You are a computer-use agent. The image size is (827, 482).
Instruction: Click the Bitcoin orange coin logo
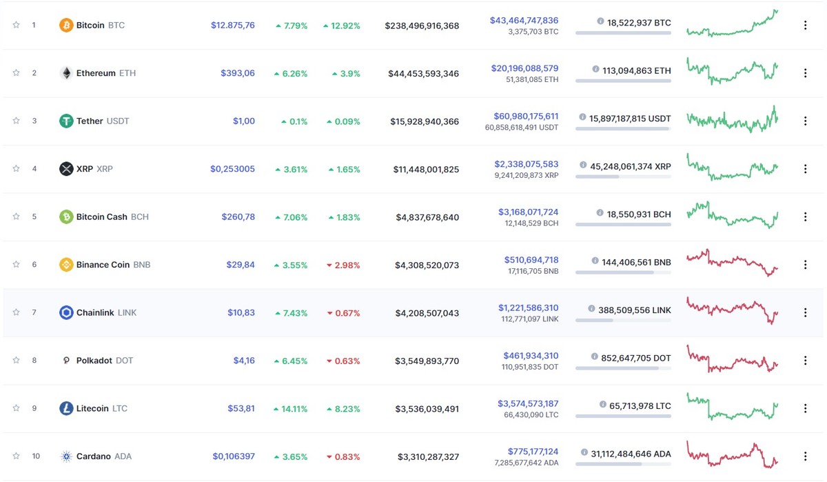[x=66, y=26]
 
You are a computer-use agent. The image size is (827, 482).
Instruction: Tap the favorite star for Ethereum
[x=16, y=73]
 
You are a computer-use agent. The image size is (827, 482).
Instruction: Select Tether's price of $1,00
[x=243, y=121]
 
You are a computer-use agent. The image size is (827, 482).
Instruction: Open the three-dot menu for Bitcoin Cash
[x=805, y=217]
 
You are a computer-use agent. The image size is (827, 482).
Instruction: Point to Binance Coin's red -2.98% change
[x=343, y=265]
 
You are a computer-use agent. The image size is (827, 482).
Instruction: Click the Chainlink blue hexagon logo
[x=66, y=312]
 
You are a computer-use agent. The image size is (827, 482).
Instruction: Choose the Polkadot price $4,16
[x=243, y=361]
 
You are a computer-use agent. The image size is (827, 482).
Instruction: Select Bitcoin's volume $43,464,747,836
[x=524, y=21]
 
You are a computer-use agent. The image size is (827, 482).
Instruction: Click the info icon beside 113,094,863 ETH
[x=595, y=70]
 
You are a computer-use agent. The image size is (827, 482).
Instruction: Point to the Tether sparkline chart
[x=732, y=119]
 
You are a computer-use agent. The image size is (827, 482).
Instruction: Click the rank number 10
[x=36, y=456]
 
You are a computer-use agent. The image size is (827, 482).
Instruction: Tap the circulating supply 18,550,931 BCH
[x=639, y=214]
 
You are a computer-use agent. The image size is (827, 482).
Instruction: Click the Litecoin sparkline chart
[x=732, y=407]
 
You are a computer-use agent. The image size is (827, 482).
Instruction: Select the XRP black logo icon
[x=66, y=169]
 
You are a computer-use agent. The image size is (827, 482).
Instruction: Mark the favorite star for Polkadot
[x=16, y=360]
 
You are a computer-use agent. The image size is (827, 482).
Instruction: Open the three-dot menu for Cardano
[x=805, y=456]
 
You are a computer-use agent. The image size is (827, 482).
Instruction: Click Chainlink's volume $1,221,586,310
[x=528, y=308]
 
